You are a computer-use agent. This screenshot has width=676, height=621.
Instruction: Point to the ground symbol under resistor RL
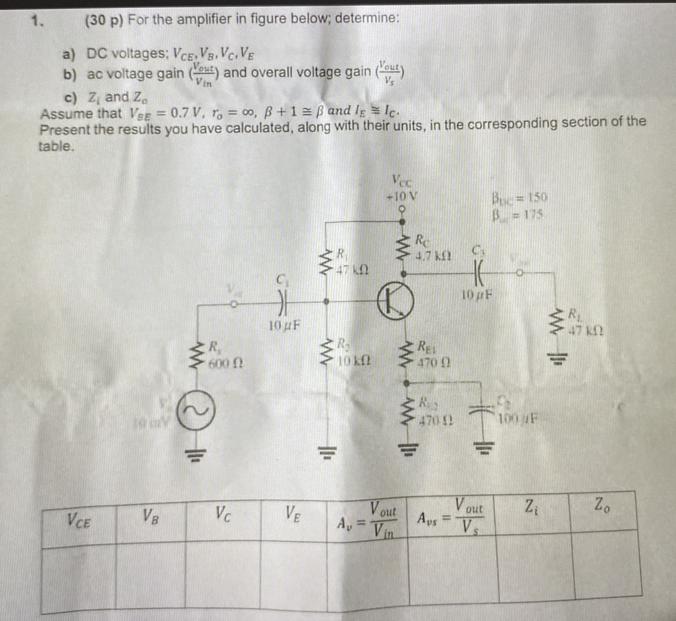tap(558, 358)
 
